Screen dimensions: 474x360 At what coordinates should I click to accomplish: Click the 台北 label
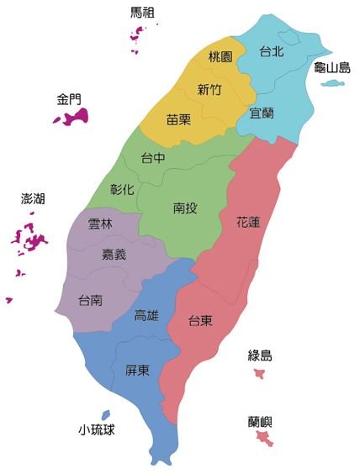(271, 51)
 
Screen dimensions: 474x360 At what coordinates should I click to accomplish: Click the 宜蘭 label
(262, 112)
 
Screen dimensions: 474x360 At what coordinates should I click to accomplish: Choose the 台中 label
(153, 157)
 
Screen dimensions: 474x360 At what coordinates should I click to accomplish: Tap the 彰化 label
(122, 189)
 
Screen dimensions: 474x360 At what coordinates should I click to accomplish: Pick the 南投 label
(185, 208)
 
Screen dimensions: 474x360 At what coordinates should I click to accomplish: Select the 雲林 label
(100, 224)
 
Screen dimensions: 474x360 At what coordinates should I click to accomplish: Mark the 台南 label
(91, 299)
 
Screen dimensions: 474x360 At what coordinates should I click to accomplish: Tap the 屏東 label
(138, 370)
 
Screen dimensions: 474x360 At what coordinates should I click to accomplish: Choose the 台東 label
(200, 320)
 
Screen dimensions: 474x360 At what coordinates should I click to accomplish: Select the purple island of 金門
(71, 118)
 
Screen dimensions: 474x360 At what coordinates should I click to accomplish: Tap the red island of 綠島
(260, 372)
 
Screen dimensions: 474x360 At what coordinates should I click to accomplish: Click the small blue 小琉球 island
(105, 414)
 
